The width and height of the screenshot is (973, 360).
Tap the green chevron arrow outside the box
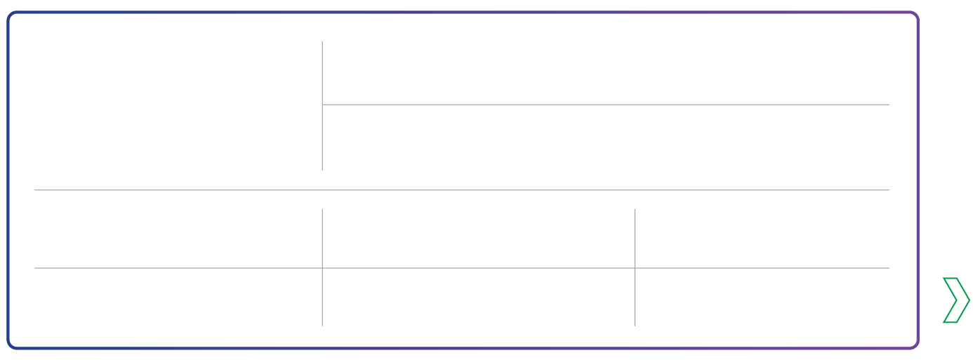[x=955, y=301]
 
